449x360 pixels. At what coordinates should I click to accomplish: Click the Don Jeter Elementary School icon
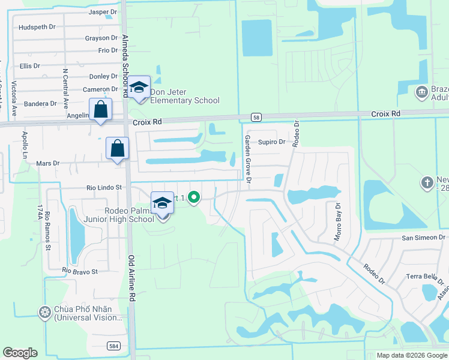(139, 88)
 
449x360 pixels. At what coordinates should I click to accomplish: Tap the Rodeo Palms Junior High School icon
(162, 204)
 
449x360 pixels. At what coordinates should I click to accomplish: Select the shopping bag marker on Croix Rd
(101, 110)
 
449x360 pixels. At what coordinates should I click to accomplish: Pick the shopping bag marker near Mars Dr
(118, 148)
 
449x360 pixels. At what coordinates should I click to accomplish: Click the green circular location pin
(193, 197)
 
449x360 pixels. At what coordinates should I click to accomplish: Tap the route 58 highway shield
(256, 117)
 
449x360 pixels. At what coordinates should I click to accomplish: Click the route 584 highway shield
(113, 346)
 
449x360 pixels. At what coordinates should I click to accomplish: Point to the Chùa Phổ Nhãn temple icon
(44, 311)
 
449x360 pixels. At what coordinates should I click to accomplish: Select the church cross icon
(427, 182)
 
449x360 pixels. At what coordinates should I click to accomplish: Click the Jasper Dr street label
(103, 11)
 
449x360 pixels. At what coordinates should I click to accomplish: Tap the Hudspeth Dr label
(37, 27)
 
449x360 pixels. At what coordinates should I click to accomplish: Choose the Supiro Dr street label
(272, 142)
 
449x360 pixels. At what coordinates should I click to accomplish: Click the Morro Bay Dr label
(337, 222)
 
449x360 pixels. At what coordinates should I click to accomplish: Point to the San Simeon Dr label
(425, 238)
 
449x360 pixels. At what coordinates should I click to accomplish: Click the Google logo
(20, 353)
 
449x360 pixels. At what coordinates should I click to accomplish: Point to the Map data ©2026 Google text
(411, 355)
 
